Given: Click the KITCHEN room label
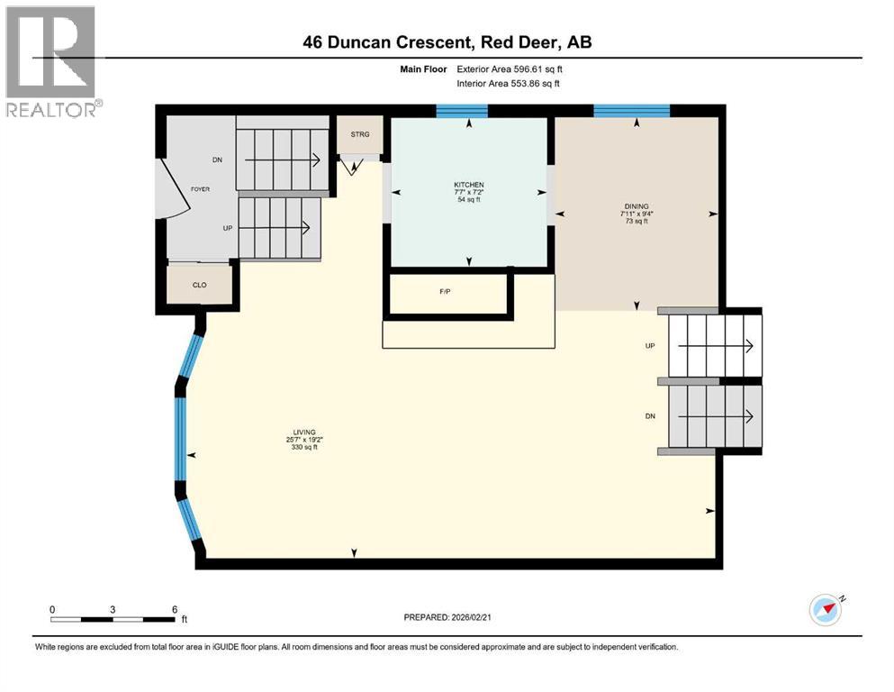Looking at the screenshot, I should click(468, 185).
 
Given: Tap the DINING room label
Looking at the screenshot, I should click(637, 206).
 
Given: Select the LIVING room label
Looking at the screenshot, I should click(303, 432).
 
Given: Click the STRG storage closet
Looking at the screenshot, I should click(360, 135).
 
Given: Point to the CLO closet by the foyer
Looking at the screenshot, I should click(200, 285).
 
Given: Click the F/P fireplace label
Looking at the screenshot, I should click(445, 292).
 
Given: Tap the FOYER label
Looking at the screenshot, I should click(199, 189).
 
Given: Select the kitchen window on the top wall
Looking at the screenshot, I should click(461, 112).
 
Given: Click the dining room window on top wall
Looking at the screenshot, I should click(631, 112).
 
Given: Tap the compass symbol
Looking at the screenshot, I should click(825, 610).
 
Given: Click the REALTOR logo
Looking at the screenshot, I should click(51, 61).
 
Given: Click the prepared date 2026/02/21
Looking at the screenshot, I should click(448, 617).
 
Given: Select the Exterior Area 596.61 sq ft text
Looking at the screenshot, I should click(510, 68).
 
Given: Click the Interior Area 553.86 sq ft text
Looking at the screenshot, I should click(509, 84).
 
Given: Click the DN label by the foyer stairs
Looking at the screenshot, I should click(217, 160).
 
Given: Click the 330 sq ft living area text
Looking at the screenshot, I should click(303, 447).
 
